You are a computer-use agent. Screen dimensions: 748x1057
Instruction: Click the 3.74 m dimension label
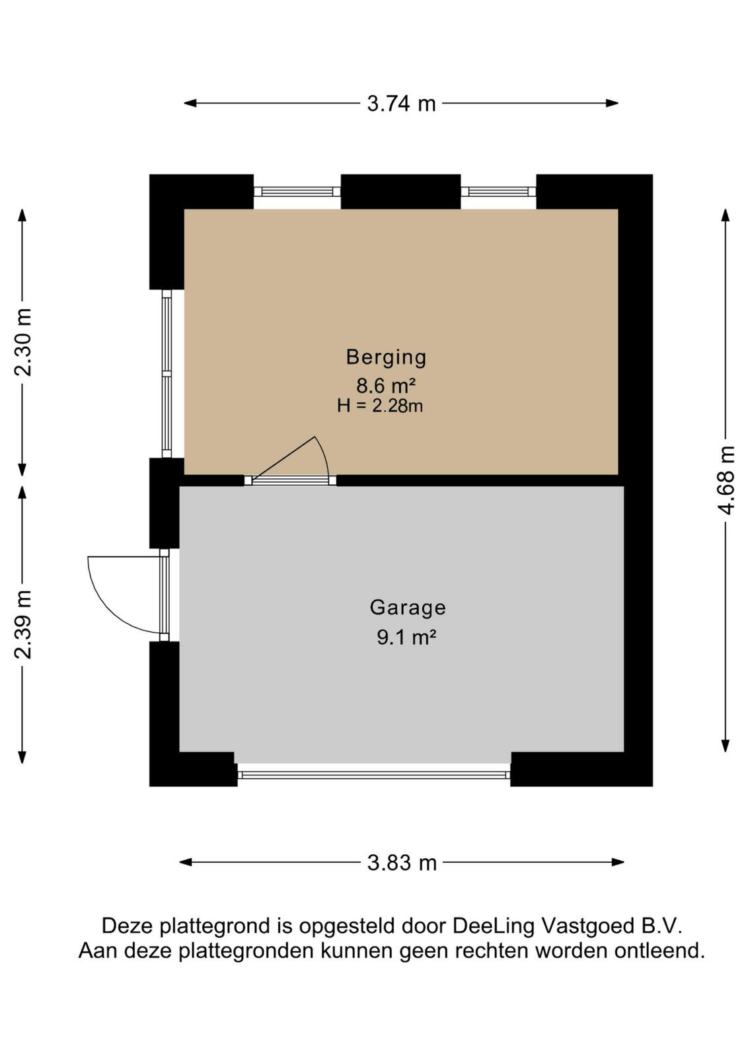401,103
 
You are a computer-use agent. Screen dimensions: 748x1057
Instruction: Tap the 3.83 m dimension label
402,863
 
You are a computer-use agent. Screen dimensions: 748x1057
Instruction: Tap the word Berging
386,357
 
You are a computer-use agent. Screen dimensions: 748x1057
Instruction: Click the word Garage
408,608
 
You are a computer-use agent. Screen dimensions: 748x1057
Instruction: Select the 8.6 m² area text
385,386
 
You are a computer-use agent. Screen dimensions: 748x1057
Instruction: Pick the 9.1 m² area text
406,638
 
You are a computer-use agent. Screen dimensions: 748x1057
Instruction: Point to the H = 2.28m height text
379,406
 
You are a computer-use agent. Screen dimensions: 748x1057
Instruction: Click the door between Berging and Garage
290,480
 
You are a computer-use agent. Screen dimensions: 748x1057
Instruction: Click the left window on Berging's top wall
297,191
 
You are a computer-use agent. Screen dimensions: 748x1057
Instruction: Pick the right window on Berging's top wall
498,191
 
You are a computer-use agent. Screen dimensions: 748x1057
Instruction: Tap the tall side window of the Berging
166,373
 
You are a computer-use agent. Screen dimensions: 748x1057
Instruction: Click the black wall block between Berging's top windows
400,192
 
